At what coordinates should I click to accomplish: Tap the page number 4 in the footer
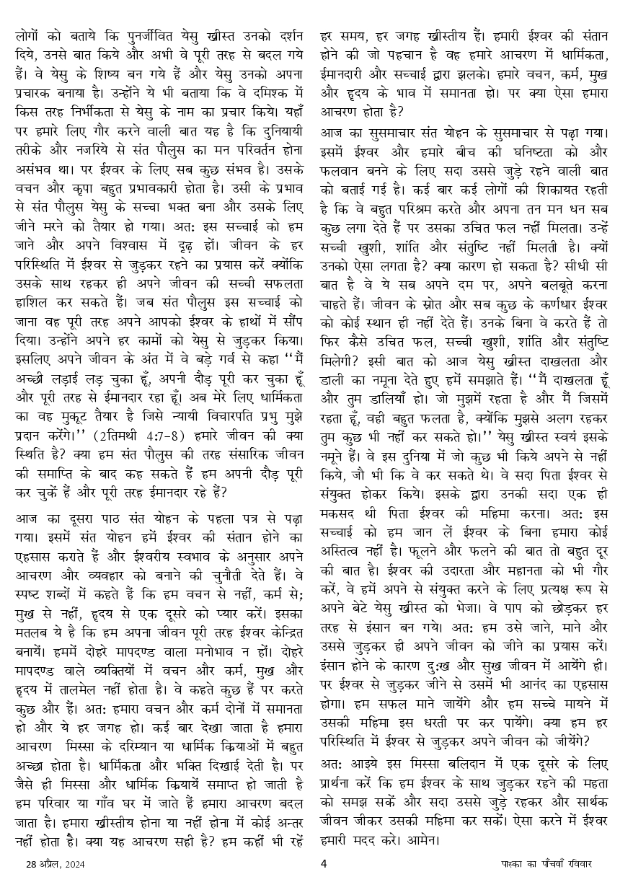[x=324, y=863]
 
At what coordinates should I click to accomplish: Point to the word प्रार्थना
[x=342, y=802]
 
